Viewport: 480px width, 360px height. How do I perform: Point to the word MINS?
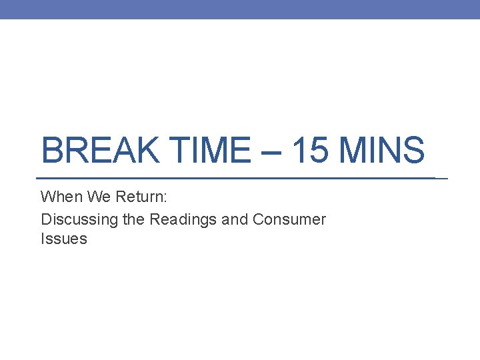pyautogui.click(x=382, y=151)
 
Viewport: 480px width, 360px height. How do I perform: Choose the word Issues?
pyautogui.click(x=63, y=239)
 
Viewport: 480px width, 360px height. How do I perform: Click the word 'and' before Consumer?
pyautogui.click(x=235, y=219)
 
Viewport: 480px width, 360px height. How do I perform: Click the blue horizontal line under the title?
pyautogui.click(x=233, y=179)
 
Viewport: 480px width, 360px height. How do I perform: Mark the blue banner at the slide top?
pyautogui.click(x=240, y=9)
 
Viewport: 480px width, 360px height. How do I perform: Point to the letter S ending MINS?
pyautogui.click(x=414, y=151)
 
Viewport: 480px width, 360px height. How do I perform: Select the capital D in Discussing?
pyautogui.click(x=46, y=219)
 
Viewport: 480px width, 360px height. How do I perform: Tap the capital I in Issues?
pyautogui.click(x=43, y=239)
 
